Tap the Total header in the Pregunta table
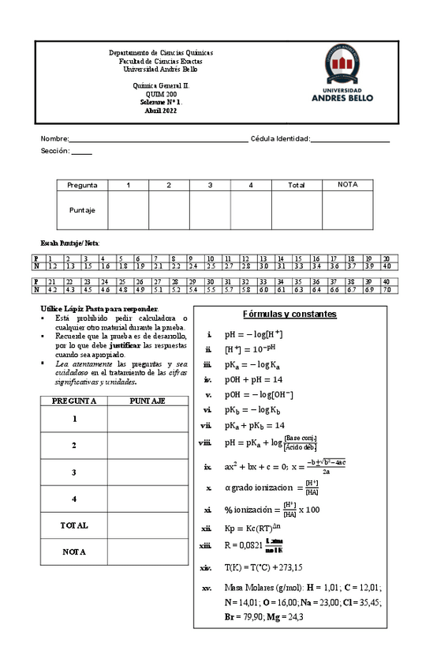pos(296,185)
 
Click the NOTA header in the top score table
pos(347,184)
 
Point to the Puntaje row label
pos(82,210)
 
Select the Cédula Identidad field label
pos(280,139)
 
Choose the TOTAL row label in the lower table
pos(74,525)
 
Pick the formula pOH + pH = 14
pos(254,379)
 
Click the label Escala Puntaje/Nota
pos(70,242)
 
